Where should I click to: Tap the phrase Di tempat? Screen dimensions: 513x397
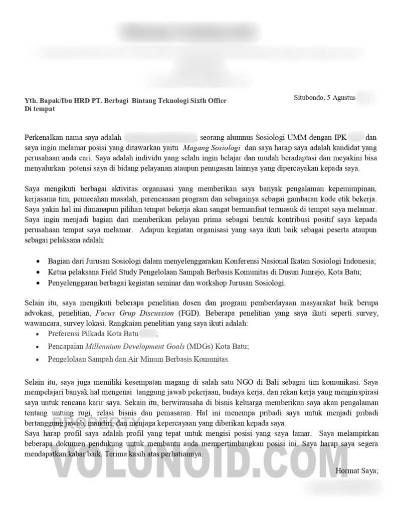[40, 108]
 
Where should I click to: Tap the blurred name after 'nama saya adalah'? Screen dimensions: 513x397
[160, 137]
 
